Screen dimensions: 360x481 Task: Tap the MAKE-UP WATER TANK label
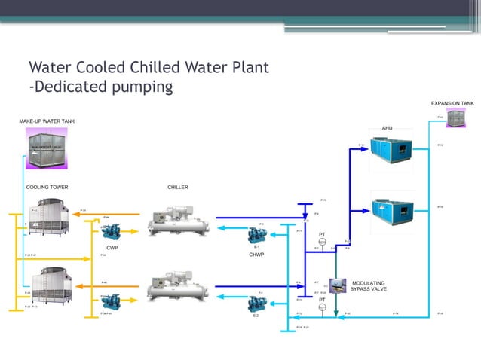click(47, 121)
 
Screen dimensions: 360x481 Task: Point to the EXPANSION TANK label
click(452, 103)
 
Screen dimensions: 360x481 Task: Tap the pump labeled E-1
click(257, 235)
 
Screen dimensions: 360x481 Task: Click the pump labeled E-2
click(257, 304)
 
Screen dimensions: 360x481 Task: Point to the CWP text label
click(112, 247)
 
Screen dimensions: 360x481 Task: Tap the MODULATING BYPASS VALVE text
click(369, 286)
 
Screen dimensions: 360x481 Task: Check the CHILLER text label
click(178, 187)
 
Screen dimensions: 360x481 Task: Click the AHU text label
click(387, 128)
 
